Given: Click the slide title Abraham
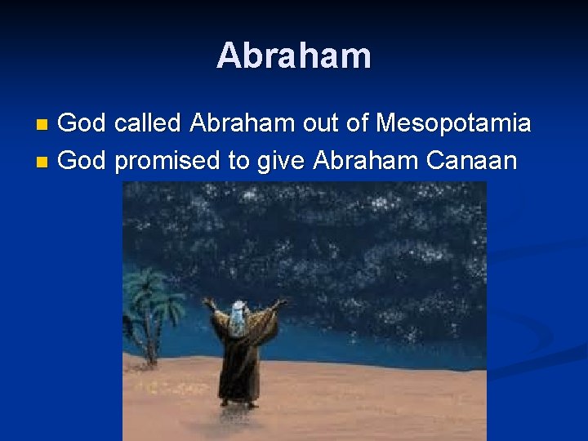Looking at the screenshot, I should coord(294,56).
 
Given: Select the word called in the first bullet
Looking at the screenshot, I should coord(148,124).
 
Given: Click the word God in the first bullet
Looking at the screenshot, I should coord(82,124).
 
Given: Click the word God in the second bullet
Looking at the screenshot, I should coord(82,161).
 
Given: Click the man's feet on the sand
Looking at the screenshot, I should coord(238,403).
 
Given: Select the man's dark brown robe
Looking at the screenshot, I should coord(238,359).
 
